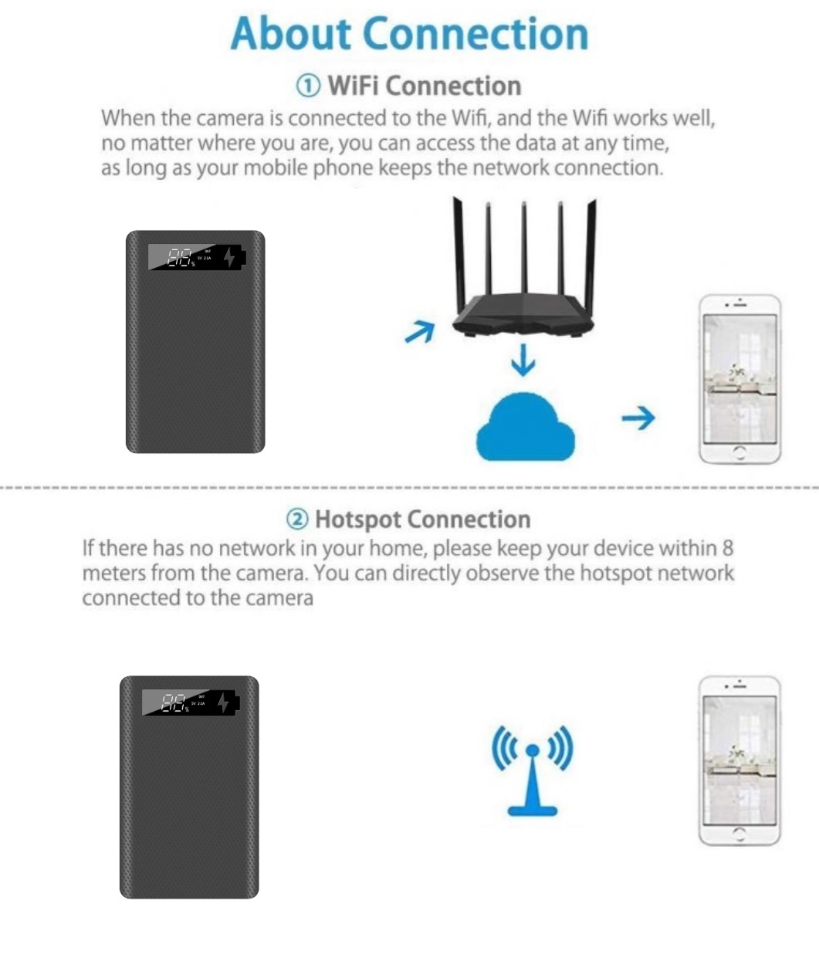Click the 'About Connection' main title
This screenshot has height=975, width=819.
409,34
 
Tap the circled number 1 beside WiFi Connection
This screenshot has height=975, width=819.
308,86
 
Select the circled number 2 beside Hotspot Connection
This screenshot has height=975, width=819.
297,520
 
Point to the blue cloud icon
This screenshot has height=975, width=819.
526,427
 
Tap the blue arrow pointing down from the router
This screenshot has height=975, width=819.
523,360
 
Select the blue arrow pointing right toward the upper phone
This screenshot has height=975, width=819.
638,418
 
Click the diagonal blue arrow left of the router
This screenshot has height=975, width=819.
420,332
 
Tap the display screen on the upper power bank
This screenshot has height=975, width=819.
197,257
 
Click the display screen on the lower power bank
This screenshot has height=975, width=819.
191,702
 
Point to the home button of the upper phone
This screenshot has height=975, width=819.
739,452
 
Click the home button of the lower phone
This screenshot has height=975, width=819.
739,834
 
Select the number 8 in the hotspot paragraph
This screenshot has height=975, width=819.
727,548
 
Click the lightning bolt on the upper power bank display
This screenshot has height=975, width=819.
229,257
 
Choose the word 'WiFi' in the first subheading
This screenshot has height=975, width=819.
354,86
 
